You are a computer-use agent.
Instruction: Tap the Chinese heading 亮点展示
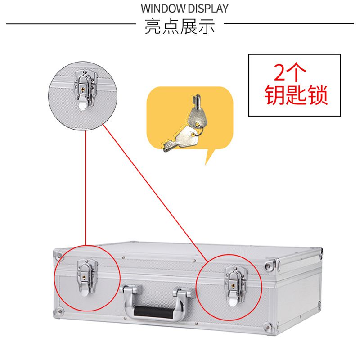tap(180, 26)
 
